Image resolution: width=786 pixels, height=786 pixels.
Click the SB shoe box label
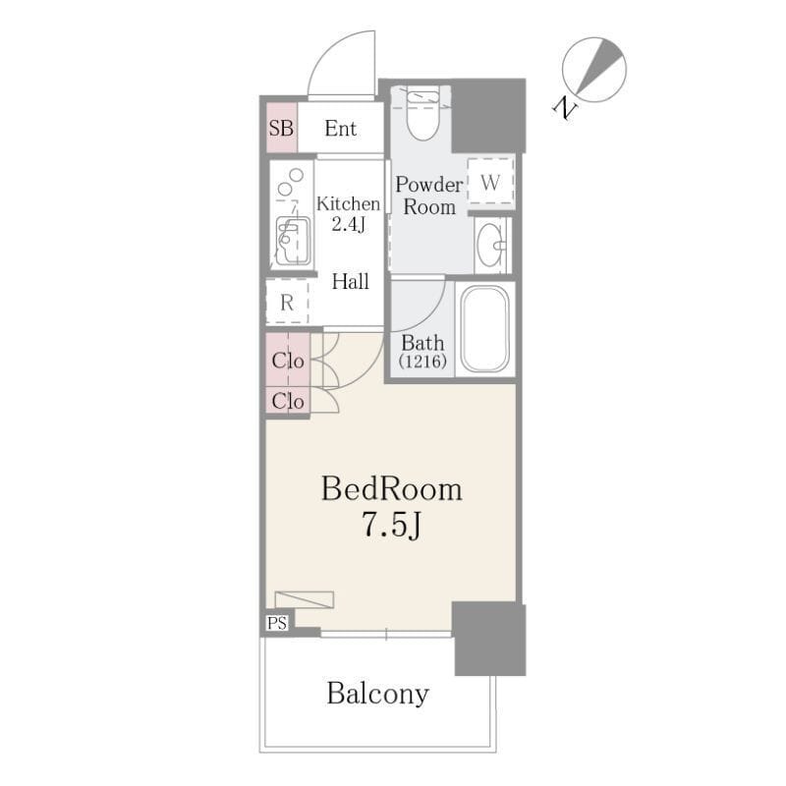[281, 129]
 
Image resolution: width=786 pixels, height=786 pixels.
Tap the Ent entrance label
[340, 129]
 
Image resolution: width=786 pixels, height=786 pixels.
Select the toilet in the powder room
[423, 113]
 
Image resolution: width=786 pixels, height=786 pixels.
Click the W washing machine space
[490, 182]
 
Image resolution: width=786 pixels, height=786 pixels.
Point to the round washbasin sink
[489, 245]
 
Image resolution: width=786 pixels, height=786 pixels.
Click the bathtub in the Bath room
[484, 329]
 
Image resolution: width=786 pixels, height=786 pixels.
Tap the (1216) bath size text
[422, 361]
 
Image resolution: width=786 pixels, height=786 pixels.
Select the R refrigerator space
[287, 303]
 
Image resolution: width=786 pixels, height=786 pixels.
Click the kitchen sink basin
[293, 241]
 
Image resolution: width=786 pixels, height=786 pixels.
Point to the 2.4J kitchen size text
[348, 224]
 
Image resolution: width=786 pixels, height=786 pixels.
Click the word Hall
[351, 281]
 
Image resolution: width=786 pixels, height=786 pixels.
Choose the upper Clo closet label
[288, 361]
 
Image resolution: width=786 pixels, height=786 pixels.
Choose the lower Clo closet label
[288, 401]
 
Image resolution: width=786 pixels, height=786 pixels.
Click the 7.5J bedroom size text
[391, 526]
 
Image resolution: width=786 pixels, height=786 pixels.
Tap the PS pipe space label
[277, 623]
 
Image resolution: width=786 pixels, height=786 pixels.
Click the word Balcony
[378, 695]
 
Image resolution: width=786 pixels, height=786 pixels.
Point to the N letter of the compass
[565, 107]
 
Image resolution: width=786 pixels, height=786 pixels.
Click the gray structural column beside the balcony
[489, 640]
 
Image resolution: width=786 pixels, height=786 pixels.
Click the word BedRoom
[391, 488]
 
